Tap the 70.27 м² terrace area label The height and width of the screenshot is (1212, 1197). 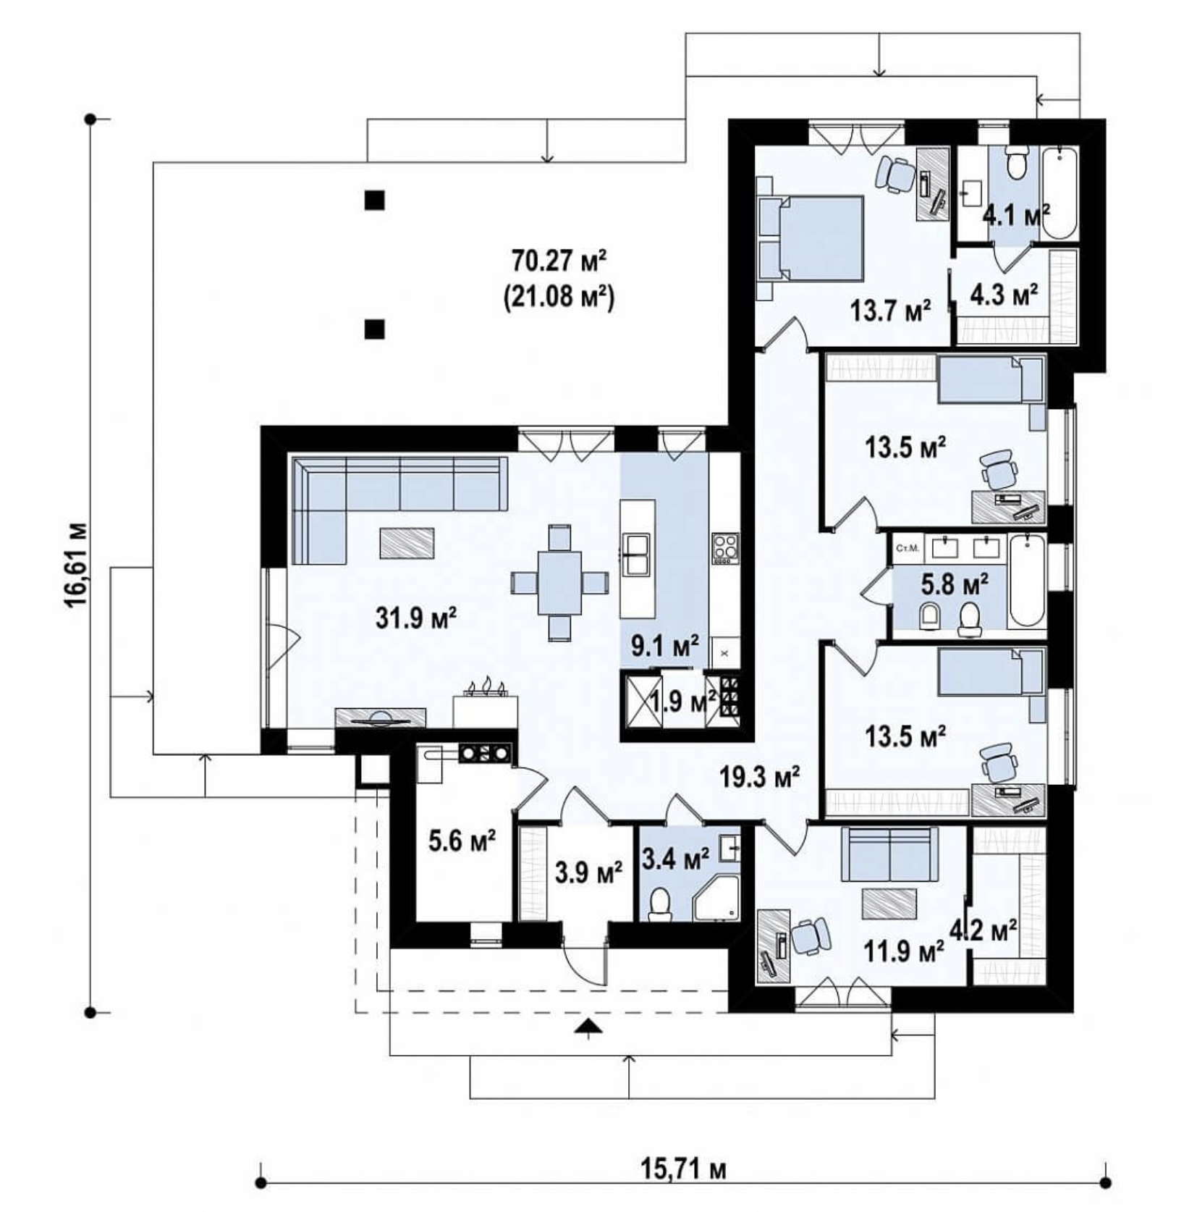(x=558, y=259)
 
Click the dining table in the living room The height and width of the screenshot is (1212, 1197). (x=559, y=582)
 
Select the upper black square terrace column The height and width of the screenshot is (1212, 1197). (x=374, y=200)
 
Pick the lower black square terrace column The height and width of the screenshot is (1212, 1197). (x=374, y=329)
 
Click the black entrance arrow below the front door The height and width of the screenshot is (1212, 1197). (x=588, y=1026)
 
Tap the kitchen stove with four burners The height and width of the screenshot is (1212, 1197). (x=724, y=548)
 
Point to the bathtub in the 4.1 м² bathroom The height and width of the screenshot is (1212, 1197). (x=1059, y=193)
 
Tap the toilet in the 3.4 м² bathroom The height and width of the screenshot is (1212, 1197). (x=659, y=905)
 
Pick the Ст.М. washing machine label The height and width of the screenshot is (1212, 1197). (x=907, y=548)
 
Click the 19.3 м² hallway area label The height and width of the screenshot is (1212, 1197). (x=758, y=778)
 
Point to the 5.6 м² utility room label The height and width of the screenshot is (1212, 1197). (x=462, y=841)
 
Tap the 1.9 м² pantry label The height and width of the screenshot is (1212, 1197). (x=682, y=700)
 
